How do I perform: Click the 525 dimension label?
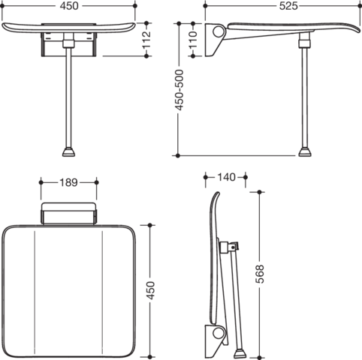288,6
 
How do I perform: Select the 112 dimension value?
146,40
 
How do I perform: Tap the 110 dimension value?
193,40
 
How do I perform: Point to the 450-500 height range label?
179,90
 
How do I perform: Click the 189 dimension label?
69,182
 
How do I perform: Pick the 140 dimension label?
226,177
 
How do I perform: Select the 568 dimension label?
260,274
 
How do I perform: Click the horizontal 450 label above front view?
69,6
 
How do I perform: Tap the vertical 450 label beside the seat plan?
150,290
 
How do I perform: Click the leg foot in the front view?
68,152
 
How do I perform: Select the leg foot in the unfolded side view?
305,152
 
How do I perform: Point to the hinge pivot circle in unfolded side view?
219,31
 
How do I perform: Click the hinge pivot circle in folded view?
218,333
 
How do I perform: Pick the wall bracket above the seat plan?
68,214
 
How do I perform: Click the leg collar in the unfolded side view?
305,43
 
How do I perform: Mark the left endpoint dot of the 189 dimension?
41,182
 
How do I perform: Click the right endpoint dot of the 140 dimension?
246,177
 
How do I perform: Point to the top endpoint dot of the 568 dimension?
259,192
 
